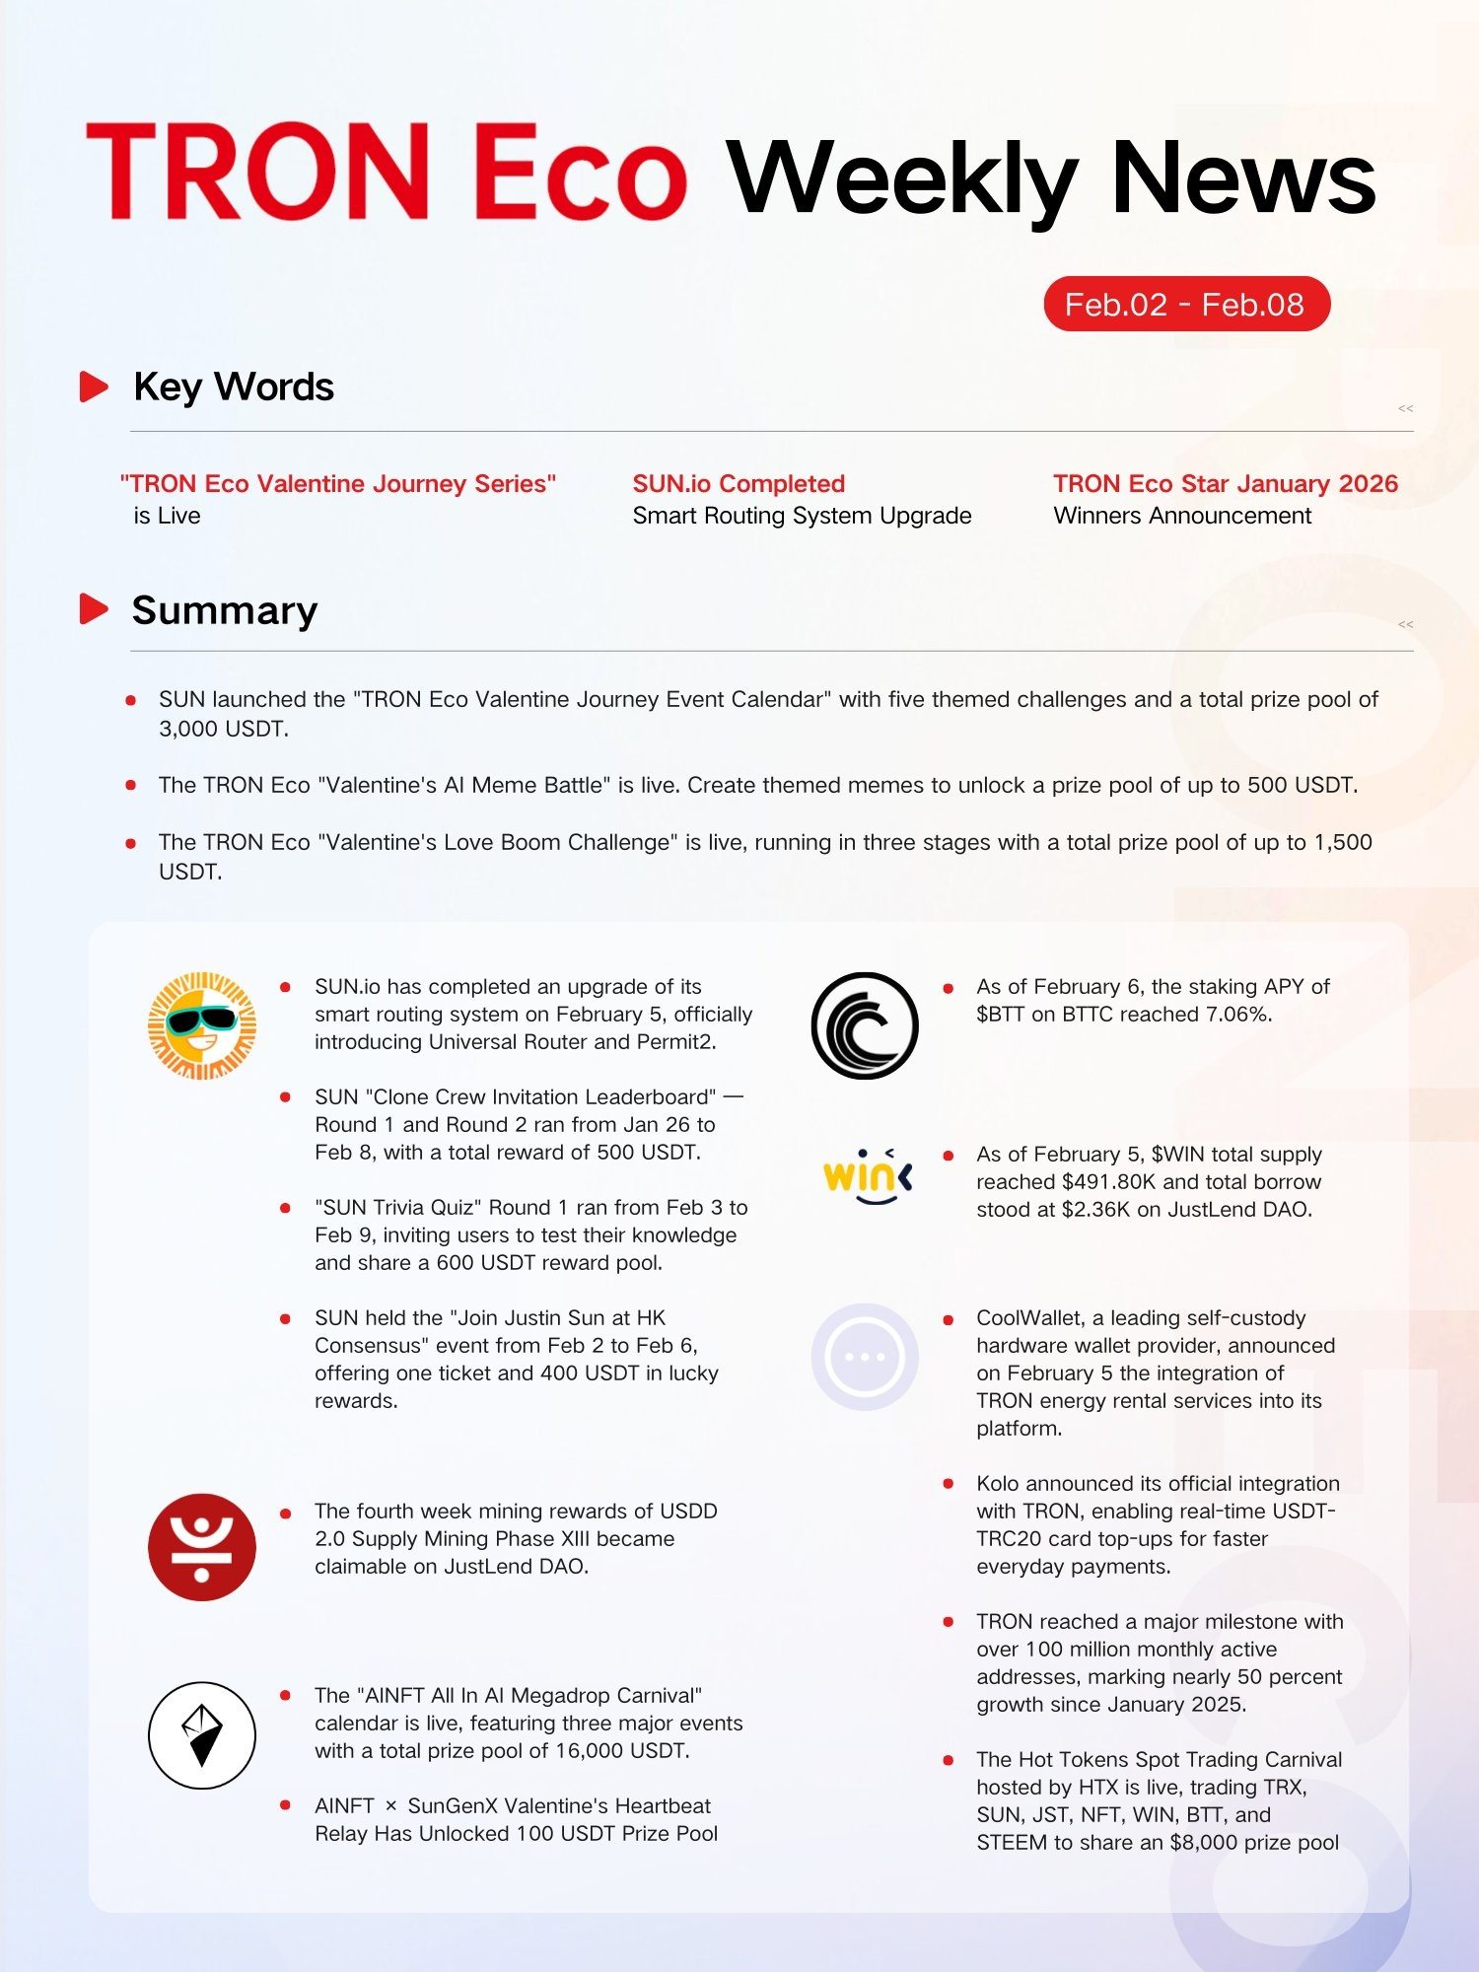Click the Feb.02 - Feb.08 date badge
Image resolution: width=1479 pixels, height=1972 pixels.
click(1186, 305)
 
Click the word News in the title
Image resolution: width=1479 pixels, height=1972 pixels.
click(1243, 177)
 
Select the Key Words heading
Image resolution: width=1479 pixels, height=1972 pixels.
click(234, 387)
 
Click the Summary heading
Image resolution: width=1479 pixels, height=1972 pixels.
click(225, 610)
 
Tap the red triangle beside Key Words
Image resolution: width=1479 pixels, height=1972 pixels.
click(94, 387)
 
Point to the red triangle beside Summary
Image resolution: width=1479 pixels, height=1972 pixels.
click(94, 609)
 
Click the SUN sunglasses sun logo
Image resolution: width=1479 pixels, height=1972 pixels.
click(202, 1025)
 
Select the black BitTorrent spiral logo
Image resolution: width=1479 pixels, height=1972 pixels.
click(865, 1025)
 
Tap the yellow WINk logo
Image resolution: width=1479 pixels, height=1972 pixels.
click(867, 1176)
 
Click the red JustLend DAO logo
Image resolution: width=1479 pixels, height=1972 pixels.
click(202, 1547)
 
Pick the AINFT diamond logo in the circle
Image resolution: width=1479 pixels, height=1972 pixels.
click(202, 1735)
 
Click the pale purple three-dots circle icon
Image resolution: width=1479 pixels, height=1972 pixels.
click(865, 1357)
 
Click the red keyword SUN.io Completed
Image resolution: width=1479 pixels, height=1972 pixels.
click(739, 484)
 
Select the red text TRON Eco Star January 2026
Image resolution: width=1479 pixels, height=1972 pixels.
click(1225, 484)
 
